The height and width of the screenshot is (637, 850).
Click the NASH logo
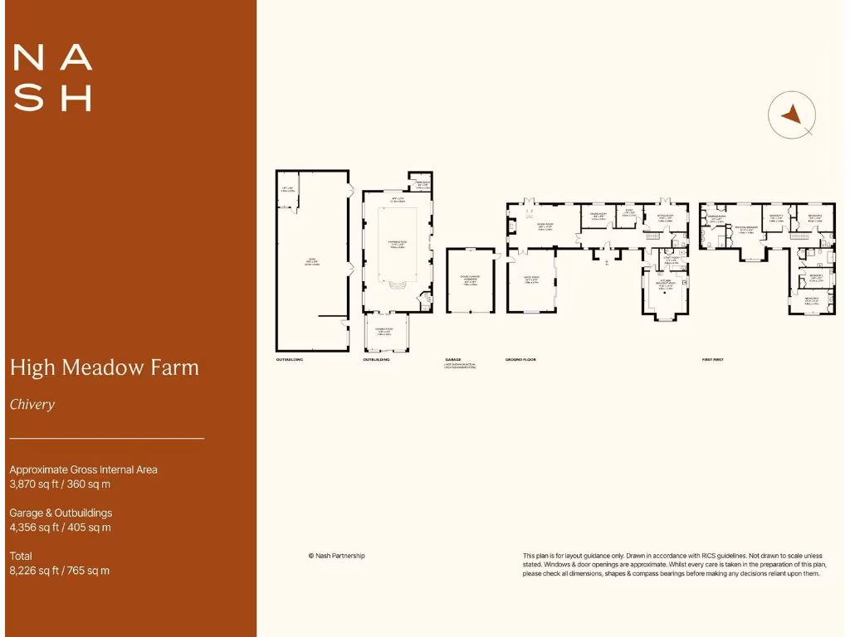pyautogui.click(x=52, y=78)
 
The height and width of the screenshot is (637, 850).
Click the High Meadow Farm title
pyautogui.click(x=104, y=367)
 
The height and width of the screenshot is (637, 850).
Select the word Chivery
pyautogui.click(x=32, y=405)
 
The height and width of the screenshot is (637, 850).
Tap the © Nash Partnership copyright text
pyautogui.click(x=336, y=556)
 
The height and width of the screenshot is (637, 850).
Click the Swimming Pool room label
pyautogui.click(x=395, y=243)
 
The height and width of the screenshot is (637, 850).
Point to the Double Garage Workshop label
pyautogui.click(x=470, y=280)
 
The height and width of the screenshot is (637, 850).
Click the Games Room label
pyautogui.click(x=532, y=280)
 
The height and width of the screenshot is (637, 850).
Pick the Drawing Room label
pyautogui.click(x=545, y=226)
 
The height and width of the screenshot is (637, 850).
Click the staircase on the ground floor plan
pyautogui.click(x=653, y=238)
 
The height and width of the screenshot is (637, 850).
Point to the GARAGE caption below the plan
pyautogui.click(x=452, y=360)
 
